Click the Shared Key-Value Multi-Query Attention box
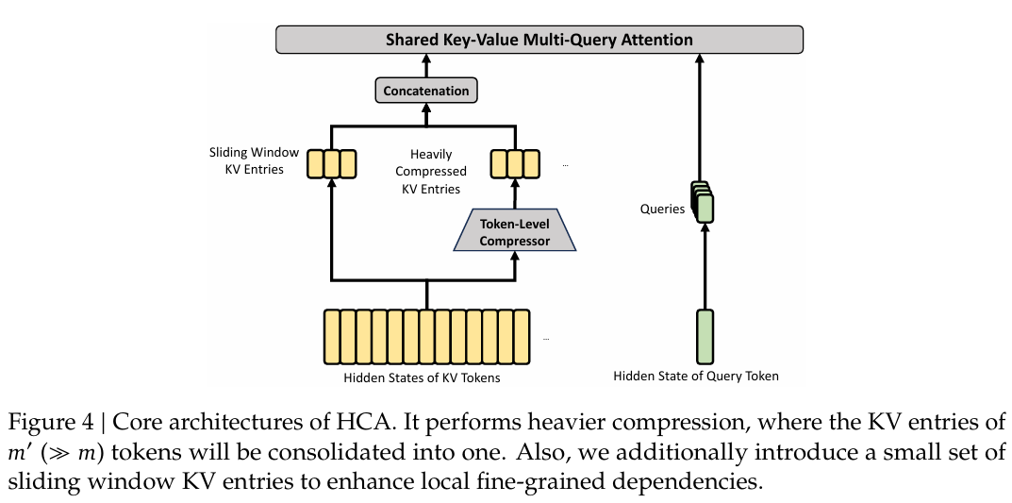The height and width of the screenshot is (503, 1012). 539,40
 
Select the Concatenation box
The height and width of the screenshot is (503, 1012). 426,91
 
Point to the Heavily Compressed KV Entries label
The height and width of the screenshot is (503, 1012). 431,172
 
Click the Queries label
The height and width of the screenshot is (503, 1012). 662,210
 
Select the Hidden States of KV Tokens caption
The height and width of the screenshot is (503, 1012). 423,377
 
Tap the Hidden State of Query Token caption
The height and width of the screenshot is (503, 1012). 696,376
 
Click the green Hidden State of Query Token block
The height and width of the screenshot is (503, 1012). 705,336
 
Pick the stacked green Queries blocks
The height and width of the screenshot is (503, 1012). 703,202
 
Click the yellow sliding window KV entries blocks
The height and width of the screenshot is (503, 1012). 331,164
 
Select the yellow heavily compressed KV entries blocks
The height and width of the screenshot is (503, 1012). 514,164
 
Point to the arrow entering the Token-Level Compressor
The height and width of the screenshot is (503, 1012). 514,265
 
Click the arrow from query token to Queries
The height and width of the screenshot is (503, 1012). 705,266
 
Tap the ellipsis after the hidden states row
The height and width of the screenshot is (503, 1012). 546,339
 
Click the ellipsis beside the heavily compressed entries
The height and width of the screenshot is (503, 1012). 565,165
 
